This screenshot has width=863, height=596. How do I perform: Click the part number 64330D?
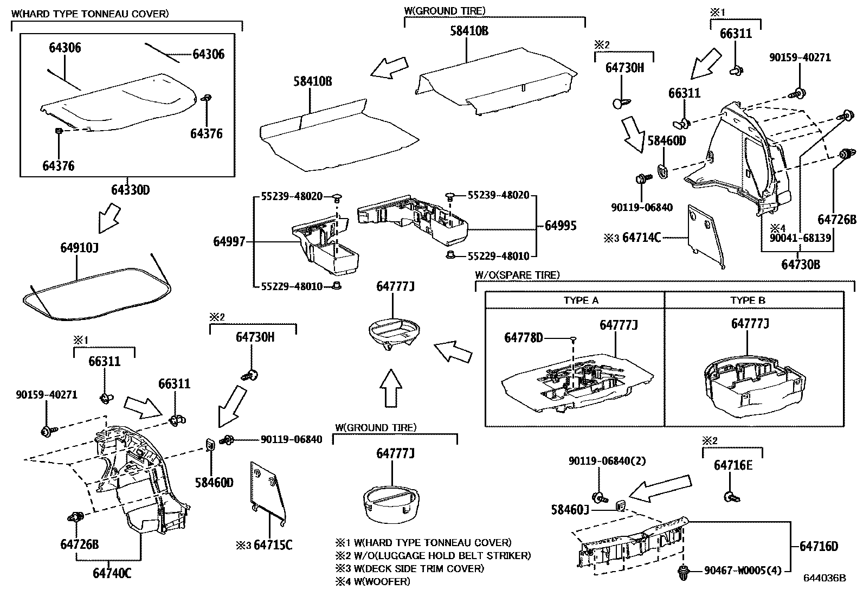130,190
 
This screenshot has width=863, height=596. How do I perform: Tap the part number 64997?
229,242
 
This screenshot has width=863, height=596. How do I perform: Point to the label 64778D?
523,337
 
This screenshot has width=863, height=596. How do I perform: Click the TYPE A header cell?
581,300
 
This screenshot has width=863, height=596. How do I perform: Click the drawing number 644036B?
825,578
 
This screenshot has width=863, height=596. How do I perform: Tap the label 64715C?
273,544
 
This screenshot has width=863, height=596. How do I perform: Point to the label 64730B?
800,264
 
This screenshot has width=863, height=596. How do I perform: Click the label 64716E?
733,465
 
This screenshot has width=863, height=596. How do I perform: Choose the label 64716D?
819,546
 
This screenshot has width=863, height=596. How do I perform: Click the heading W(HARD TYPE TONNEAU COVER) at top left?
89,13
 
